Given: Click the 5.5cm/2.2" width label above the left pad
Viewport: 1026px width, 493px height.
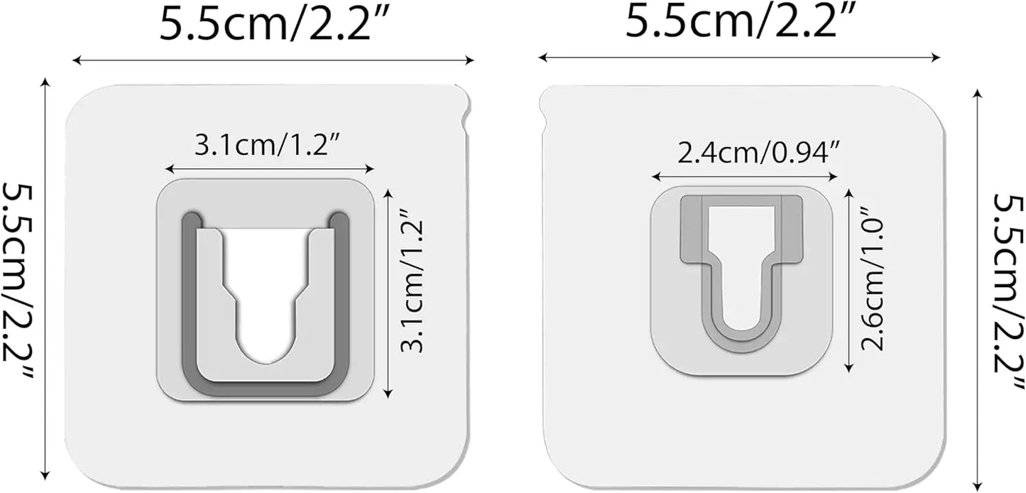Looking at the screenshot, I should click(273, 25).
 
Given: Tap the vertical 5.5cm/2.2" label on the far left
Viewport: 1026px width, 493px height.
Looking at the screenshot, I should click(21, 284).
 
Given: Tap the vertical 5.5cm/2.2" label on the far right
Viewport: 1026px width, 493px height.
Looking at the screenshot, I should click(1007, 291).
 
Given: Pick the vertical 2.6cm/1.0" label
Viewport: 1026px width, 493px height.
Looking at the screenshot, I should click(873, 279).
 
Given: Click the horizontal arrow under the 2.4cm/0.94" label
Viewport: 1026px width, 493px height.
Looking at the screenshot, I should click(744, 175).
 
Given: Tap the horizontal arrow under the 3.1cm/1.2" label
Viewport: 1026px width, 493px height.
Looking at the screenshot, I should click(269, 169).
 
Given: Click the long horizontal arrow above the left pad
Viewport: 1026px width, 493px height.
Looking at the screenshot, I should click(273, 61).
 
